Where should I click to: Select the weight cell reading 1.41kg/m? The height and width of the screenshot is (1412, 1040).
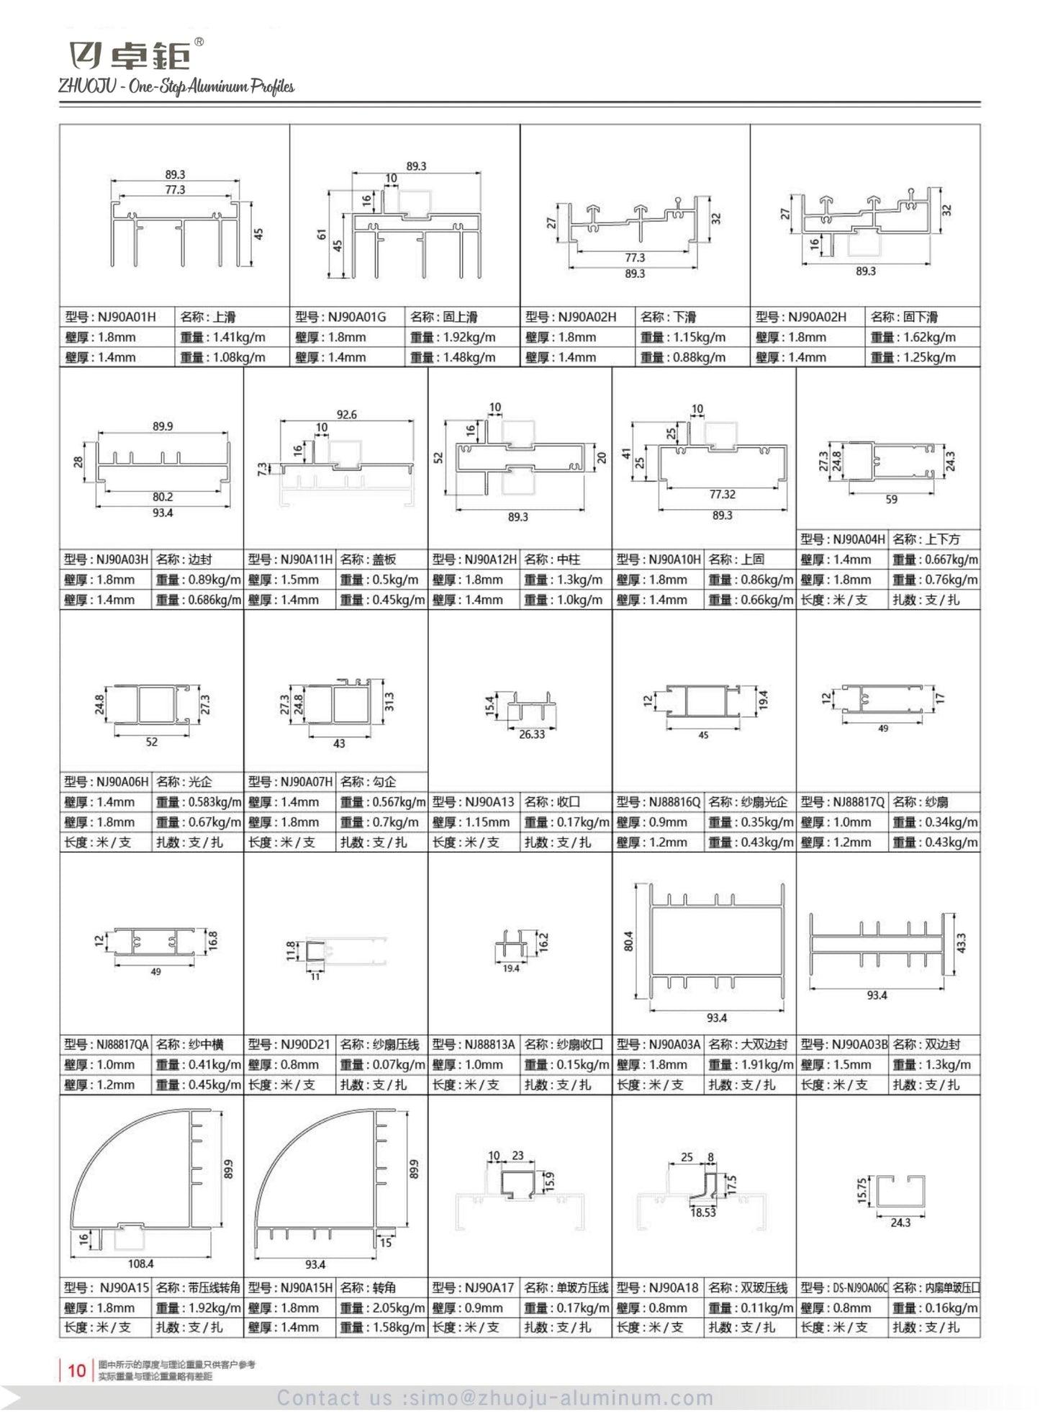click(x=222, y=337)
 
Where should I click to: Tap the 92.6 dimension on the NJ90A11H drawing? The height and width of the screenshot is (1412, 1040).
click(x=346, y=415)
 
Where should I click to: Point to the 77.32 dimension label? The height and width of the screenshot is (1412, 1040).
click(x=722, y=495)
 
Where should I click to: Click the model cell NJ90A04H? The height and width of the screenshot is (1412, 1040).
click(x=842, y=539)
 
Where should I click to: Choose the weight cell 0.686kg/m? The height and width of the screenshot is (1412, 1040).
click(x=198, y=600)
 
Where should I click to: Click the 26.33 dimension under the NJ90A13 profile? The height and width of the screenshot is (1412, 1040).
click(x=532, y=734)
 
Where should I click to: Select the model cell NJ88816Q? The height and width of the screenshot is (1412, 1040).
click(x=658, y=802)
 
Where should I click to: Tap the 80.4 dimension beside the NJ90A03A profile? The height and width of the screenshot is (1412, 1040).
click(x=628, y=940)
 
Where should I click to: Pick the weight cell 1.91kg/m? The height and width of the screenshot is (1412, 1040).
click(x=751, y=1065)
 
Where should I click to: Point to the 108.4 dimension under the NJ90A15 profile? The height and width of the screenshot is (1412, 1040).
click(x=140, y=1264)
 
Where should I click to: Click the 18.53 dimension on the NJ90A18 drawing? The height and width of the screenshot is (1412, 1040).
click(x=702, y=1213)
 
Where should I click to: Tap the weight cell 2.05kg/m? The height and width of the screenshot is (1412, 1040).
click(x=382, y=1308)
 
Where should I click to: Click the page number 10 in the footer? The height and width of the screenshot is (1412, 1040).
click(x=77, y=1370)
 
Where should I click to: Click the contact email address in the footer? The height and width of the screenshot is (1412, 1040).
click(x=495, y=1398)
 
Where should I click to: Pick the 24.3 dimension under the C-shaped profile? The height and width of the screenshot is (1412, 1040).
click(x=900, y=1223)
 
